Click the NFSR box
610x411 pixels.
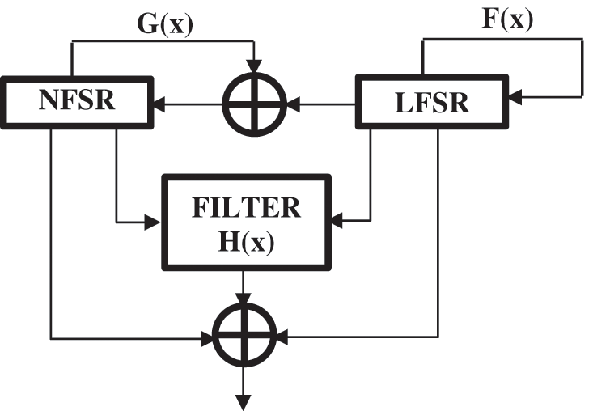pyautogui.click(x=78, y=102)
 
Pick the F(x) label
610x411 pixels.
pyautogui.click(x=506, y=18)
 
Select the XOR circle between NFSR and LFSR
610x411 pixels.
pyautogui.click(x=254, y=103)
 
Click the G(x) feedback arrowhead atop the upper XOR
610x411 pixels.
pyautogui.click(x=254, y=66)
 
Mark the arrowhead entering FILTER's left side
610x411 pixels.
pyautogui.click(x=156, y=220)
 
